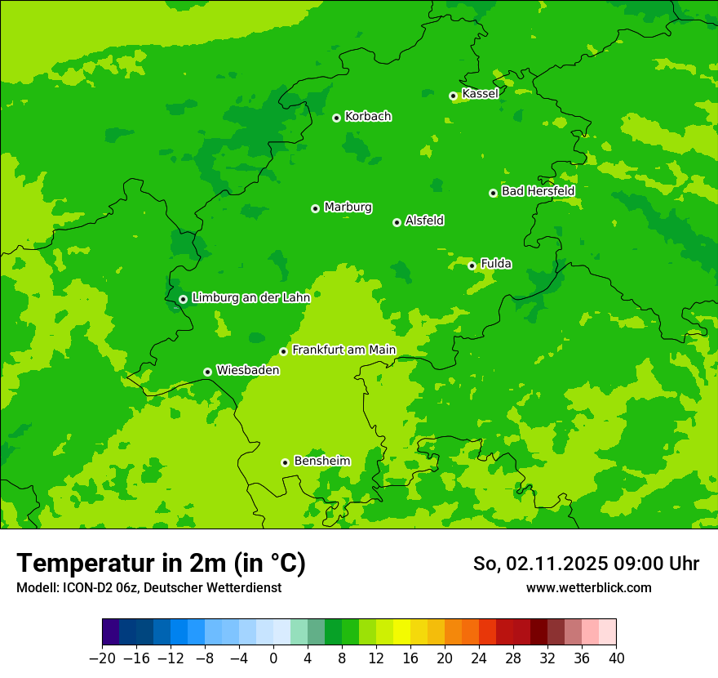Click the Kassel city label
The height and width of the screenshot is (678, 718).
coord(480,94)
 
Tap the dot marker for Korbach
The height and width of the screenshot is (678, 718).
coord(336,118)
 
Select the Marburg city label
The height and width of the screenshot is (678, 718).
coord(348,207)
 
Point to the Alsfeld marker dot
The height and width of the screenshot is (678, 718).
coord(397,222)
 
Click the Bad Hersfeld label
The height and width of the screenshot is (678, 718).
coord(538,191)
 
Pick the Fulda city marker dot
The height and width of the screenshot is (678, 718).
coord(472,265)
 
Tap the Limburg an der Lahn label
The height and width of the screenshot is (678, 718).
coord(250,298)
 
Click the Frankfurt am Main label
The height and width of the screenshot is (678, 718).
coord(343,350)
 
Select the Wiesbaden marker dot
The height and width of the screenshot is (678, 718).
coord(207,372)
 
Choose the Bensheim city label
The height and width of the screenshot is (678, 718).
coord(321,461)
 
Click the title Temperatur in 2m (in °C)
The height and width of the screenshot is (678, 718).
coord(161,564)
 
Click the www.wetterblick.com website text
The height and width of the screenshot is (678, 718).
coord(588,587)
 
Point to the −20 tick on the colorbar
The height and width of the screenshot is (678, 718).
coord(102,658)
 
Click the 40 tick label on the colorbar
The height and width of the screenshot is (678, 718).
coord(616,658)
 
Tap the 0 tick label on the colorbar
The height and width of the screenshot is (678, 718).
coord(273,658)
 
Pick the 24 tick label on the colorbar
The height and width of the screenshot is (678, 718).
coord(479,658)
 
